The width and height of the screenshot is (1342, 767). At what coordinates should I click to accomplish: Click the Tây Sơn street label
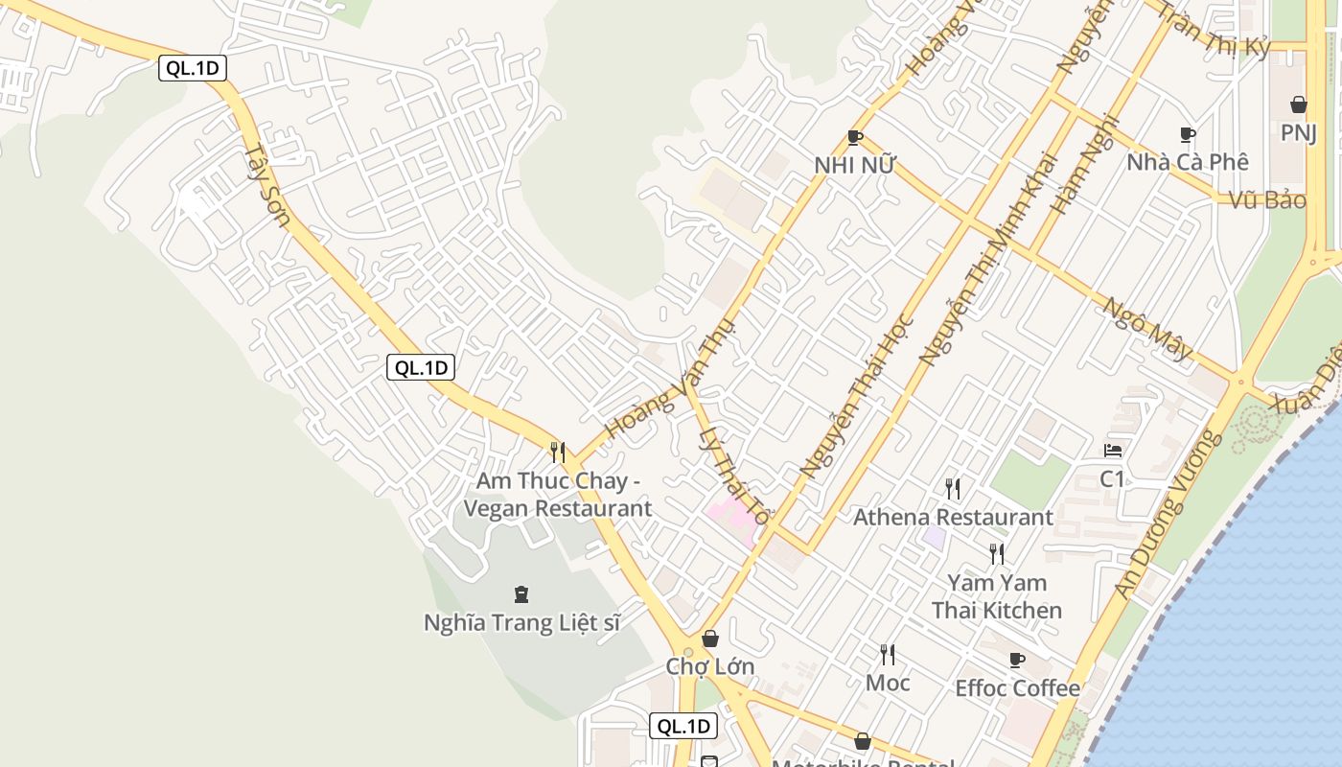(266, 185)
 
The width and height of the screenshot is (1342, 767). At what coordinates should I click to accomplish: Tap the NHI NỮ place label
(854, 165)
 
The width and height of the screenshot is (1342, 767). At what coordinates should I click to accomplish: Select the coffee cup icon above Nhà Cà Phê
(1188, 135)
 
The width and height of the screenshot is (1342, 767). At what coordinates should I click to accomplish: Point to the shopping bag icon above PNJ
(1299, 105)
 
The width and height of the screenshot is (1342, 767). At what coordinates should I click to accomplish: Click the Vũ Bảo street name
(1267, 200)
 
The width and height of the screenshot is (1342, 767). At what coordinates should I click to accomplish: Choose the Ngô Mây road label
(1147, 328)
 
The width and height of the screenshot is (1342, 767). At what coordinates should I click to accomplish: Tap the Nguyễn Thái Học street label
(856, 397)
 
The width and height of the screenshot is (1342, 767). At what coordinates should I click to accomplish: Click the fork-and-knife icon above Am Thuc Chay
(558, 452)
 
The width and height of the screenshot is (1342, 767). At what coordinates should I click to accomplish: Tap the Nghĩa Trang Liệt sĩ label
(521, 623)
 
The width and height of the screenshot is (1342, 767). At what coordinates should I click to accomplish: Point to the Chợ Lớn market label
(710, 666)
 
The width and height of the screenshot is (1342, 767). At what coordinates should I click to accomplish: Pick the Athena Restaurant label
(953, 518)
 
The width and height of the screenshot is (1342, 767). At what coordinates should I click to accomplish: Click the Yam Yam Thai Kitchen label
(997, 596)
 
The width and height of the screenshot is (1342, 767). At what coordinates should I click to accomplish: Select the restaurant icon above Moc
(888, 655)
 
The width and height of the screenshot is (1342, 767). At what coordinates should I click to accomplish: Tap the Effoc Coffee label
(1017, 688)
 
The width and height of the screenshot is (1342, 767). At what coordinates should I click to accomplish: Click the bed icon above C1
(1112, 450)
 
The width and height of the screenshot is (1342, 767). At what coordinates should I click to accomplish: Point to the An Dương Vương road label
(1168, 515)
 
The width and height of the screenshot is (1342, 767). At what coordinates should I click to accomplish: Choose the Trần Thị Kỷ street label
(1213, 29)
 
